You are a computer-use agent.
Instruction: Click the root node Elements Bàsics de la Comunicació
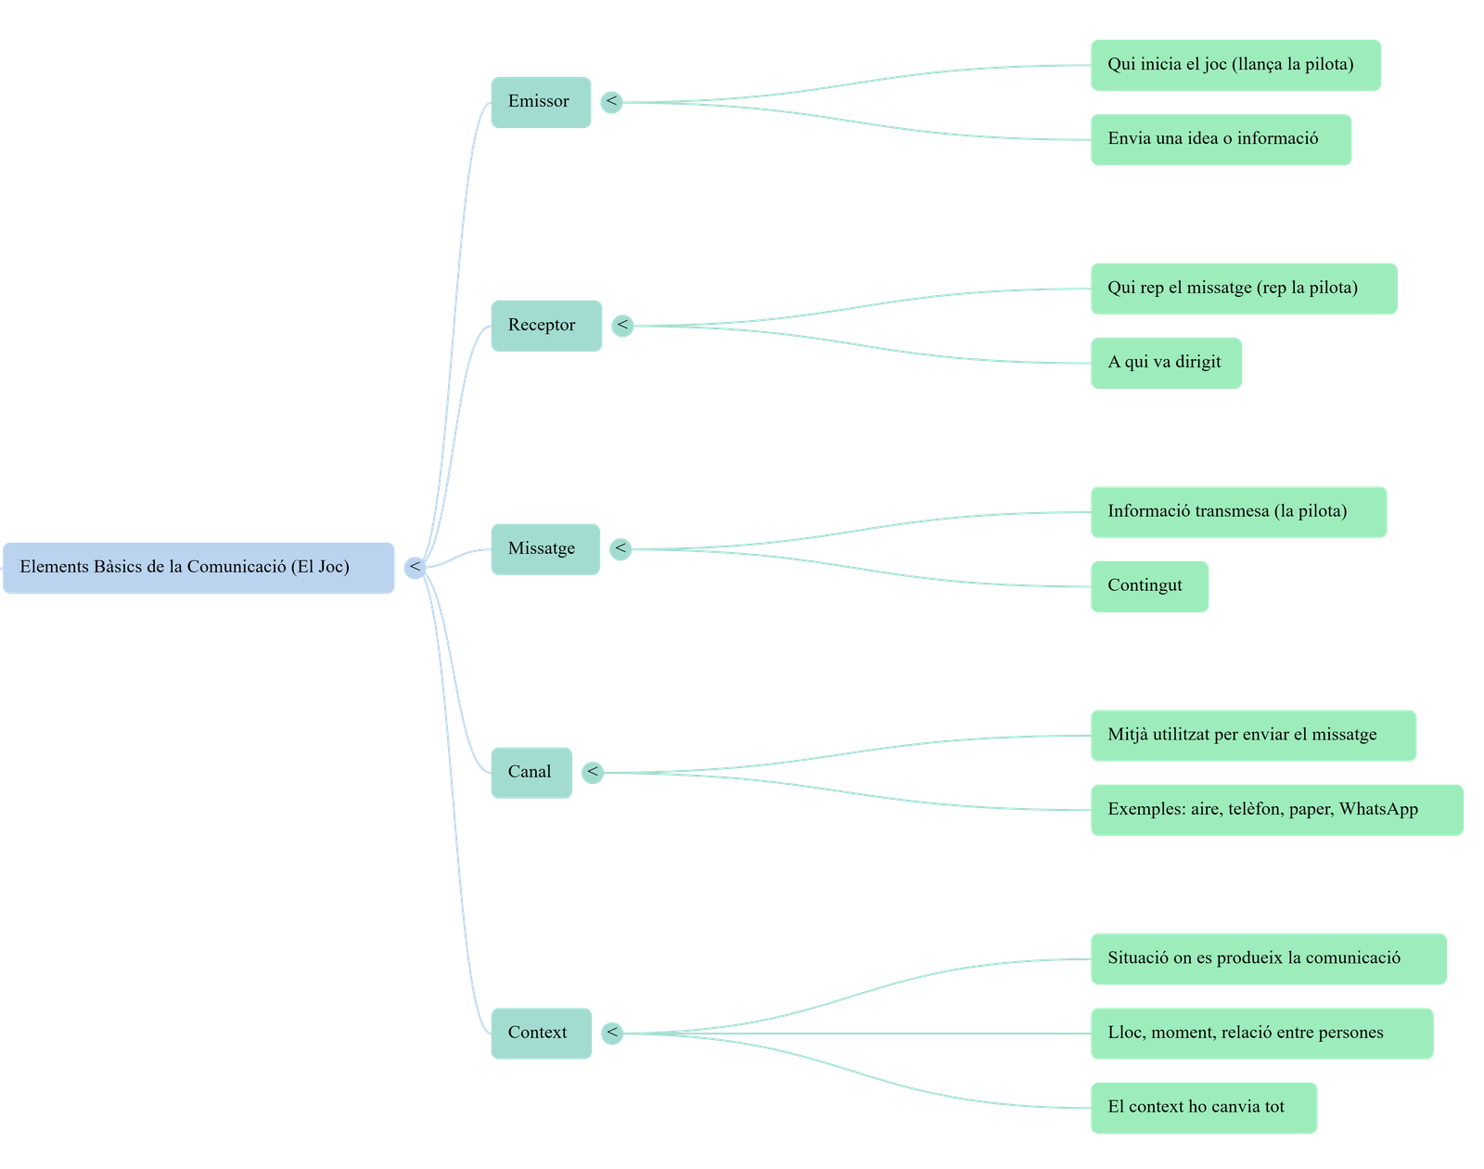(x=198, y=567)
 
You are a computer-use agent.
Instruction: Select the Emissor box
(x=540, y=102)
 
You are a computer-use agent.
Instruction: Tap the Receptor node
(x=545, y=326)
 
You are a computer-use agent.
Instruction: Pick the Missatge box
(x=544, y=549)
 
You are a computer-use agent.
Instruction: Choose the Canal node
(x=531, y=772)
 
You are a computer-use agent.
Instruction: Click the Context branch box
(x=540, y=1033)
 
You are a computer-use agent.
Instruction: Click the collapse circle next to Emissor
(x=612, y=101)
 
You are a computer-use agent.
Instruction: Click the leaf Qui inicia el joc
(x=1235, y=65)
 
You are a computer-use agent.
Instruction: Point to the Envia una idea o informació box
(x=1220, y=140)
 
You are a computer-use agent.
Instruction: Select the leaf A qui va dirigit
(x=1165, y=363)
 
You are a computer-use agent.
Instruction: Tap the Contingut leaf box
(x=1148, y=586)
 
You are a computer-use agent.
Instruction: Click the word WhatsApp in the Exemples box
(x=1378, y=809)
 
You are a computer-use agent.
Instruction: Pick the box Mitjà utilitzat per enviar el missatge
(x=1252, y=736)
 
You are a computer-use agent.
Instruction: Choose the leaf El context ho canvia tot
(x=1203, y=1107)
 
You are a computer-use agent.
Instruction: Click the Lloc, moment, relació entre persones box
(x=1260, y=1033)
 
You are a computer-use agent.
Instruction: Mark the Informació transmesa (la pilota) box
(x=1237, y=511)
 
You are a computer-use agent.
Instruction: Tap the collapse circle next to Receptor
(x=622, y=326)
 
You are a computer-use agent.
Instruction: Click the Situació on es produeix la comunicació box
(x=1267, y=958)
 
